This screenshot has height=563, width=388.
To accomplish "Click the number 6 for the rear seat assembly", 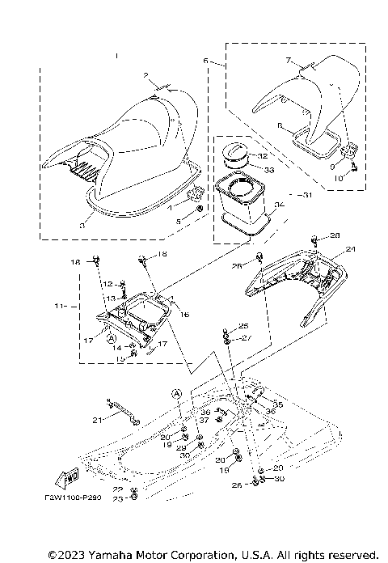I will click(206, 61).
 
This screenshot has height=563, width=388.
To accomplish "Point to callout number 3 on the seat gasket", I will click(82, 228).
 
